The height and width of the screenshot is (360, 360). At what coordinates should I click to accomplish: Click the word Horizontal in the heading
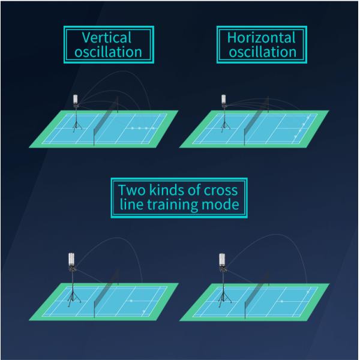coord(262,37)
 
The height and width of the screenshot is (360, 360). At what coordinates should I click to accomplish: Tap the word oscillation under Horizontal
coord(262,52)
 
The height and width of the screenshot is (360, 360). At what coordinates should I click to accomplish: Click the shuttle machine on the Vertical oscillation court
coord(76,101)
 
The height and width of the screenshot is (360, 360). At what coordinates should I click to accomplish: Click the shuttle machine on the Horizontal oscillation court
coord(224,100)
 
